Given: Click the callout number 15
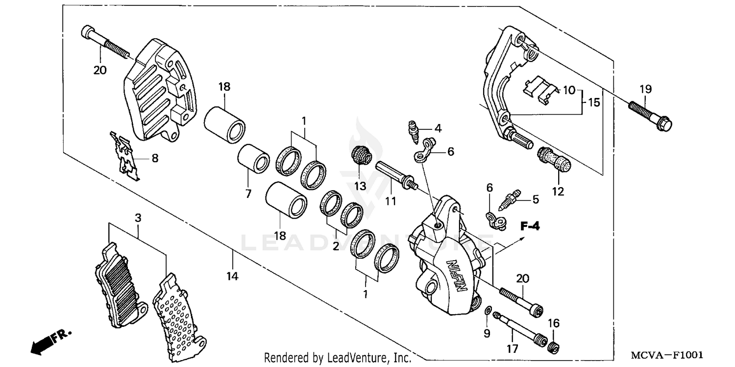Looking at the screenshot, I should click(x=594, y=103).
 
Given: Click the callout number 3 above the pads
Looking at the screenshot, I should click(x=138, y=217).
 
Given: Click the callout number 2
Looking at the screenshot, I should click(x=336, y=246).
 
